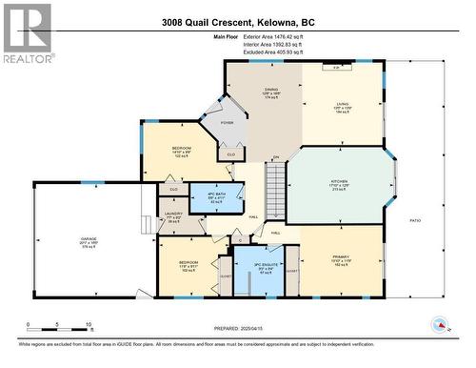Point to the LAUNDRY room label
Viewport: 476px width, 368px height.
coord(173,215)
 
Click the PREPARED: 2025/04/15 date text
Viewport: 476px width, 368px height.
coord(238,330)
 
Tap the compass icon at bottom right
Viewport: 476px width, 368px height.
coord(440,326)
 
